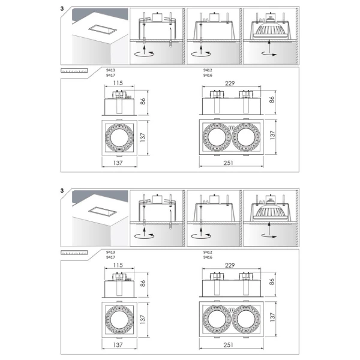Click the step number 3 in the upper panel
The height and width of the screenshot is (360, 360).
click(x=62, y=9)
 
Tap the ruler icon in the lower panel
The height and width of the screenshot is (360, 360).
click(x=74, y=253)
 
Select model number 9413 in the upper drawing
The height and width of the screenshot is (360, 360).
click(x=110, y=70)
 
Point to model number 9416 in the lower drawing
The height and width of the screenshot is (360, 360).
click(x=208, y=257)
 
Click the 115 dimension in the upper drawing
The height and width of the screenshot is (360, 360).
click(x=118, y=83)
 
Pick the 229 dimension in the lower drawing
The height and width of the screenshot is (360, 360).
click(x=230, y=265)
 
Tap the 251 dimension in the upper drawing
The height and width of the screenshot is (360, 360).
click(x=229, y=163)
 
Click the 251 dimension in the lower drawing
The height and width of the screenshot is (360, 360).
click(x=229, y=345)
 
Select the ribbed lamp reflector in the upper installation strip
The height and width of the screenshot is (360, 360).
click(x=269, y=30)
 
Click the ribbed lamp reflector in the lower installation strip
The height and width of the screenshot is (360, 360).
click(x=269, y=212)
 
